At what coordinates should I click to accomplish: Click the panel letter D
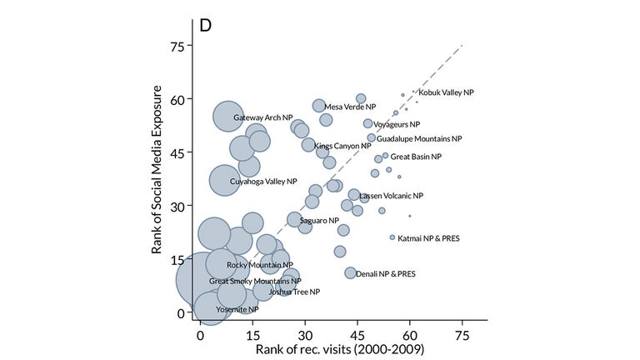(204, 24)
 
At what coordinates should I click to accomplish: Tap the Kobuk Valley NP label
(446, 92)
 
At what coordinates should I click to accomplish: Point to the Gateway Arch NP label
(263, 117)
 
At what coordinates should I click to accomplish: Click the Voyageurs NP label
(397, 124)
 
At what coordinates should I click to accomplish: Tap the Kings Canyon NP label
(342, 146)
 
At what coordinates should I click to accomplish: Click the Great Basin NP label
(416, 156)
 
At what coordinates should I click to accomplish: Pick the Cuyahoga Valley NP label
(263, 181)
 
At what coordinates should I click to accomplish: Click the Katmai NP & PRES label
(430, 238)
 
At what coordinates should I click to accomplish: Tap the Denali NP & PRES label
(386, 273)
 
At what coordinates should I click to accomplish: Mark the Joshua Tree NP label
(293, 292)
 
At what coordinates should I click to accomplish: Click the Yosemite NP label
(237, 309)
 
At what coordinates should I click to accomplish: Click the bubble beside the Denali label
(350, 272)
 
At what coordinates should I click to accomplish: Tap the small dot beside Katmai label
(392, 237)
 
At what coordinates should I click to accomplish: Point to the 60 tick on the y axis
(177, 99)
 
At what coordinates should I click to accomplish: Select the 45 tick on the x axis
(357, 333)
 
